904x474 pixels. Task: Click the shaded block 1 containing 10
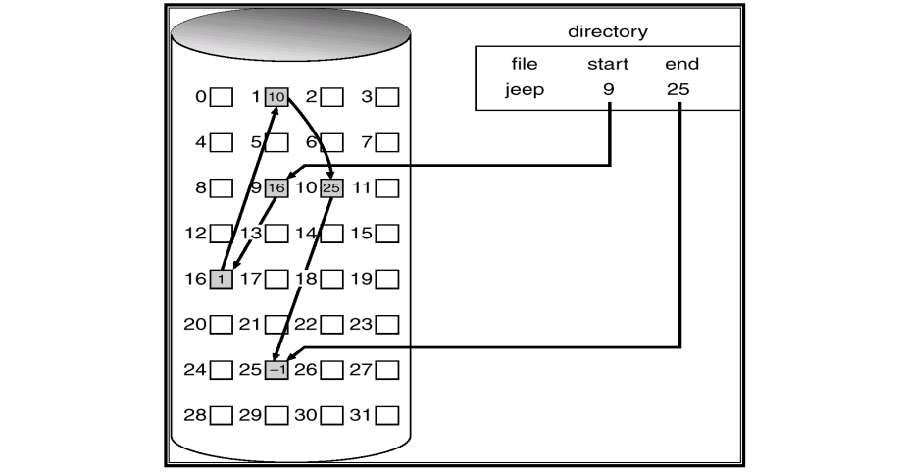(x=276, y=97)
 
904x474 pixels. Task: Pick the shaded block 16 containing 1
(x=222, y=280)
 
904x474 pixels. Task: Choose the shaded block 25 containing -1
(x=276, y=370)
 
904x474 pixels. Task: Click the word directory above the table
(x=608, y=32)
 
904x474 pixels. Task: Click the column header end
(x=679, y=64)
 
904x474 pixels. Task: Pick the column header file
(x=525, y=64)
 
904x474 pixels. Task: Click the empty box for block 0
(x=222, y=97)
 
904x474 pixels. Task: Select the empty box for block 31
(x=387, y=415)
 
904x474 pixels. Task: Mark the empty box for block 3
(x=387, y=97)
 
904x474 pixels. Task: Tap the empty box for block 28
(x=222, y=415)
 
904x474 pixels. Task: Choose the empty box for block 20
(x=222, y=325)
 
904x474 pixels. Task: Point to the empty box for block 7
(x=387, y=143)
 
